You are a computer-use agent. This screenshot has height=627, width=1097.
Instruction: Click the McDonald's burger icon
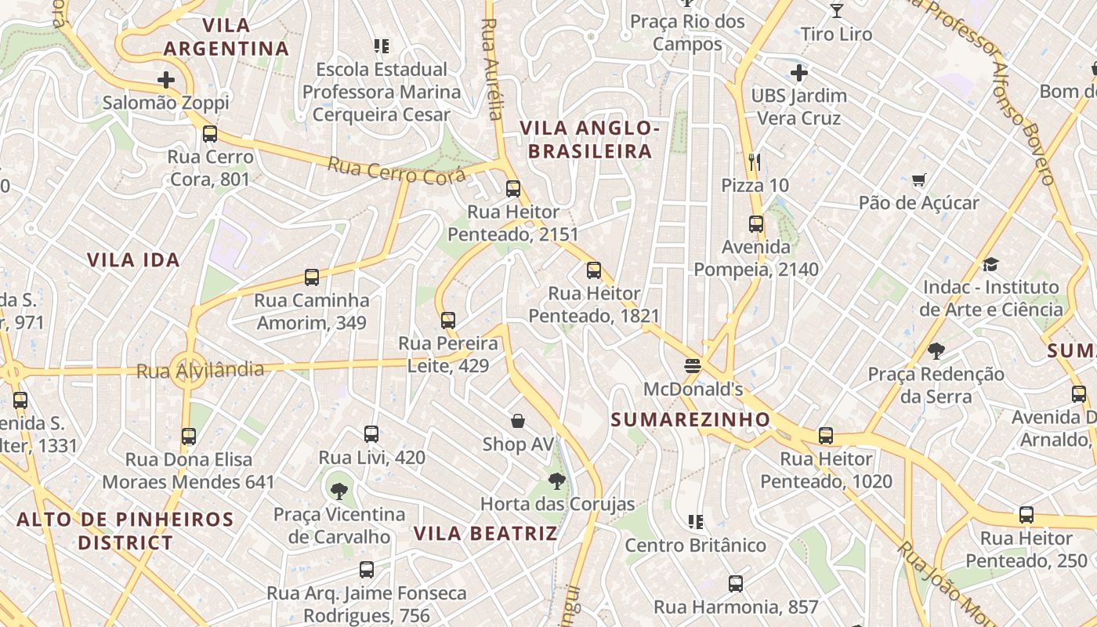click(x=692, y=366)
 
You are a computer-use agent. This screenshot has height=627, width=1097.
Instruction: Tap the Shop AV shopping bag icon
click(x=517, y=422)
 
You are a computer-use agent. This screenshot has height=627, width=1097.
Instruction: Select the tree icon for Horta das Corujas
click(x=557, y=481)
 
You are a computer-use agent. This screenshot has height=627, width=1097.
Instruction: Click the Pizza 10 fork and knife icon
click(x=755, y=162)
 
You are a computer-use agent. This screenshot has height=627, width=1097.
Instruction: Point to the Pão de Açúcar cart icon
click(x=919, y=180)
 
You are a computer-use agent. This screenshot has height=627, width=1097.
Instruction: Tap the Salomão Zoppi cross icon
click(x=166, y=79)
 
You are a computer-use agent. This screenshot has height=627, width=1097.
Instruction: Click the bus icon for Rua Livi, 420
click(x=371, y=434)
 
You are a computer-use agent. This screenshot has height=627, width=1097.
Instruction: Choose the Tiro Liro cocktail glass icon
click(x=837, y=11)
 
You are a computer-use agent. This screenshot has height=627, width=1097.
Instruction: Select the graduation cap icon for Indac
click(x=991, y=264)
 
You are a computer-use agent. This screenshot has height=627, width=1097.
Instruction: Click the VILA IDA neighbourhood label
click(x=133, y=260)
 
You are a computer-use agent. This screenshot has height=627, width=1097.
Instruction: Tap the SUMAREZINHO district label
click(x=690, y=420)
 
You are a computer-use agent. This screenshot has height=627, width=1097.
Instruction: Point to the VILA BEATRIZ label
click(x=485, y=534)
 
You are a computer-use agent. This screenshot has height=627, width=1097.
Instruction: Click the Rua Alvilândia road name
click(x=200, y=370)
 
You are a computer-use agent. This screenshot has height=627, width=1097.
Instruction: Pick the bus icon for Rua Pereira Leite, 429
click(x=448, y=321)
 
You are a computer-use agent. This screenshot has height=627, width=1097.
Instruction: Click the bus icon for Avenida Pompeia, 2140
click(x=756, y=224)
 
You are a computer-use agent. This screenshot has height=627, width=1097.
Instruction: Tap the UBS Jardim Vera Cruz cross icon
click(x=799, y=74)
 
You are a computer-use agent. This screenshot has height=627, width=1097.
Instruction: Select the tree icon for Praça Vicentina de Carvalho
click(x=339, y=491)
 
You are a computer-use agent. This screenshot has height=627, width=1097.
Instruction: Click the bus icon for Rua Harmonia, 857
click(x=736, y=584)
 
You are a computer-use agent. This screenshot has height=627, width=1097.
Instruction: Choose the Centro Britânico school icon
click(x=695, y=521)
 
